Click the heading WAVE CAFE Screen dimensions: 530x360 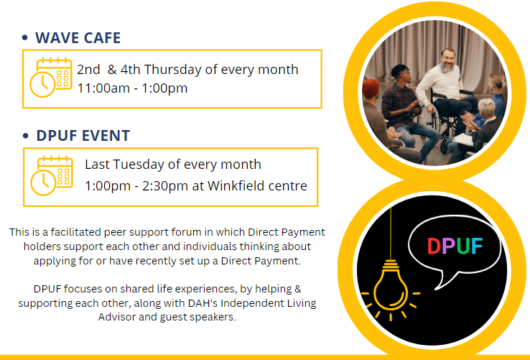(x=78, y=37)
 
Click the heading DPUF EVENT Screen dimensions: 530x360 (x=83, y=136)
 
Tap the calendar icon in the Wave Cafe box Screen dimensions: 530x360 (x=51, y=78)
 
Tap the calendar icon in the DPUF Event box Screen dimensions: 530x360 (x=52, y=175)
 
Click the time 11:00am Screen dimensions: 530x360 (x=103, y=88)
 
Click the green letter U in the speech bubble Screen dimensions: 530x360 (x=462, y=246)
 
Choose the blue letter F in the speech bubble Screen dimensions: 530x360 (x=477, y=246)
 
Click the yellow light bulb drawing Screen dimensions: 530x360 (x=391, y=286)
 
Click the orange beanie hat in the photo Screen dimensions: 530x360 (x=371, y=88)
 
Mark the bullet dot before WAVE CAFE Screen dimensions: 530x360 (x=24, y=37)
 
